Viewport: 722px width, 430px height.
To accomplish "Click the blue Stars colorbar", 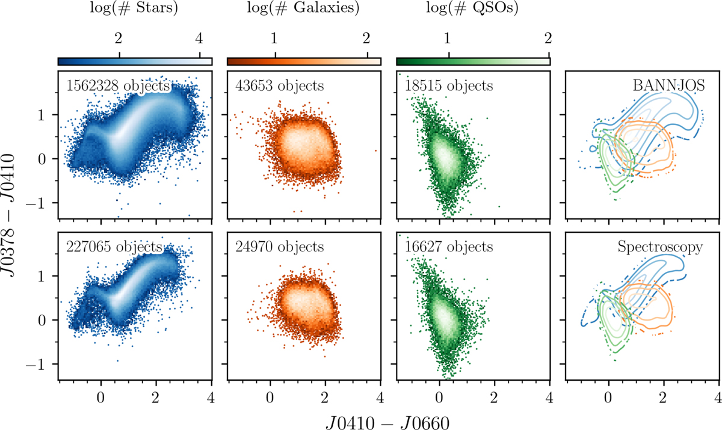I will click(135, 61).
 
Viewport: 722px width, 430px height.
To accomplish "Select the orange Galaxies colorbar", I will click(304, 61).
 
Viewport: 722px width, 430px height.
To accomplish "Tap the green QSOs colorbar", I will click(473, 61).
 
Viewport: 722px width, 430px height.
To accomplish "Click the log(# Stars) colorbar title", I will click(135, 10).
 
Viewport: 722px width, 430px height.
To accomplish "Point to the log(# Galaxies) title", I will click(304, 10).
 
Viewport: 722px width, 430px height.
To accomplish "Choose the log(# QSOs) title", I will click(472, 10).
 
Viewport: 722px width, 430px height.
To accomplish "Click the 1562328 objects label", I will click(114, 85).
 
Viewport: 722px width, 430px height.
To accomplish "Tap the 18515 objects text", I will click(449, 85).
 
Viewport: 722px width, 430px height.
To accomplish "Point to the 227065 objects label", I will click(114, 247).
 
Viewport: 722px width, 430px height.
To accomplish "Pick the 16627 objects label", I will click(449, 247).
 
